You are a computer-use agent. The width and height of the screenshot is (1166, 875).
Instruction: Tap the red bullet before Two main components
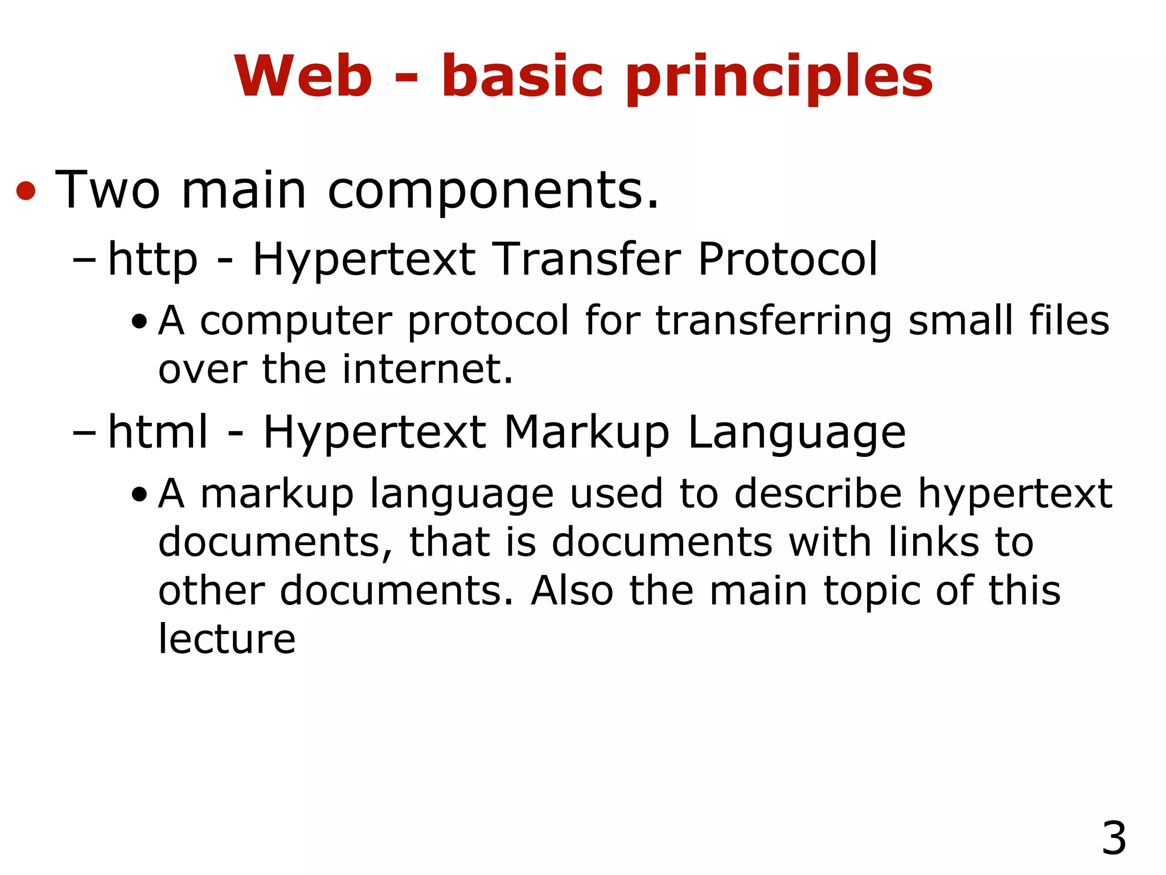(x=26, y=191)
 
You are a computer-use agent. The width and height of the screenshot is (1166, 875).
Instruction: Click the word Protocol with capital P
(x=787, y=259)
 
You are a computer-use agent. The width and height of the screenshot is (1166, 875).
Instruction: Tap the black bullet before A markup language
(x=138, y=495)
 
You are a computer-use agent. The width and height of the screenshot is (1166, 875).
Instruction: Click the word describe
(x=818, y=493)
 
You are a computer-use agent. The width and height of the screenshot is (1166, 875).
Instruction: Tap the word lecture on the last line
(x=227, y=639)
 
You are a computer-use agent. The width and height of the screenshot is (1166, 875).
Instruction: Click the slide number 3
(x=1114, y=838)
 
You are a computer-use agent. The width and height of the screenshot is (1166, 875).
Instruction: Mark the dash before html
(x=85, y=433)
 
